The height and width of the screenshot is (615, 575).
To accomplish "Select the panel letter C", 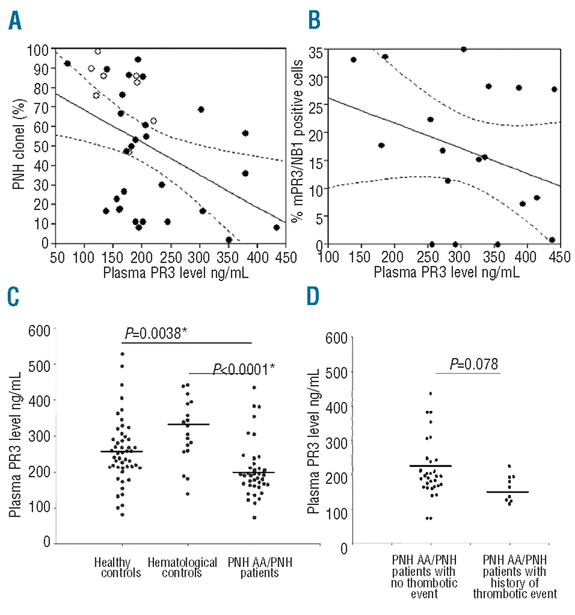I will [13, 296].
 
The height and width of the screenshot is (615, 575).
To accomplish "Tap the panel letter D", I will [313, 296].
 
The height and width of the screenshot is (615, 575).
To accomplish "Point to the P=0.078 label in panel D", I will [474, 364].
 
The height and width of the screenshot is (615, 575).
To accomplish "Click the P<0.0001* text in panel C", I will [244, 369].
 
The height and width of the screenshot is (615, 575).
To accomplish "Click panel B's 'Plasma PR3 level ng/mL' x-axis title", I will [446, 272].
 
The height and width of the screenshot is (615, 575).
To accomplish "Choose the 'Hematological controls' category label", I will [182, 567].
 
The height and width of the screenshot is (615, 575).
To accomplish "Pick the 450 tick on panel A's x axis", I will [286, 258].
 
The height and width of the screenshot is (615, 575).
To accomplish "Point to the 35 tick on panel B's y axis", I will [316, 52].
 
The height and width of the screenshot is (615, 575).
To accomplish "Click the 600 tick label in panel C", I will [39, 331].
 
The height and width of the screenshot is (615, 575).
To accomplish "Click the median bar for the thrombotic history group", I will [507, 492].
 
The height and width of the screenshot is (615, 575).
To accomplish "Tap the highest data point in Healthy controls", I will [122, 354].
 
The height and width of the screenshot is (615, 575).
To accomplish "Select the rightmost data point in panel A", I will [276, 227].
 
